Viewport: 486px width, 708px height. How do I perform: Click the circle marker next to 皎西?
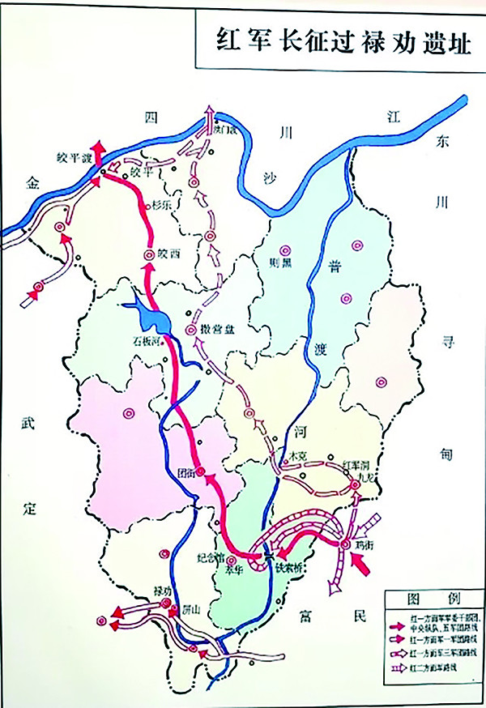coord(149,254)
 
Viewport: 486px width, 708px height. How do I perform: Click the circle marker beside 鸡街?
coord(346,543)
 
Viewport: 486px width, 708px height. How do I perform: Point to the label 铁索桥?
coord(288,568)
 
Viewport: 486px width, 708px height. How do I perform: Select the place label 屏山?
coord(192,605)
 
